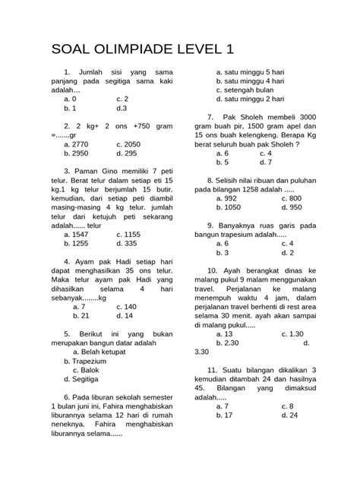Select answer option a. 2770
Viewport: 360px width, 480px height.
point(78,143)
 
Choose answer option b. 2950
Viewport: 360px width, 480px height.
point(78,153)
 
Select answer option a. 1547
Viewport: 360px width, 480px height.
point(78,235)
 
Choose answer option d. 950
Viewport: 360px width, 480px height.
point(291,207)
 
